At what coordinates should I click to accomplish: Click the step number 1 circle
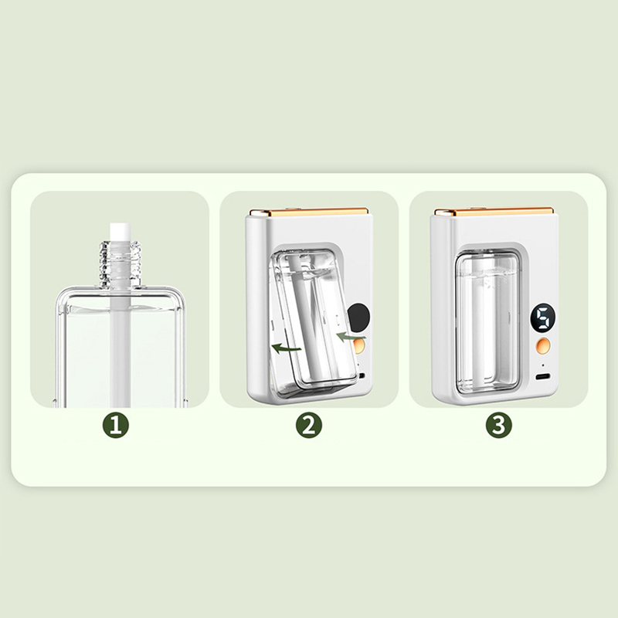point(116,425)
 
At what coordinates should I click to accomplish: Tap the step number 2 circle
point(309,425)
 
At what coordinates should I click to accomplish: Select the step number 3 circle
point(498,425)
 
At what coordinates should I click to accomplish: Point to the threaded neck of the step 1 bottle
point(120,263)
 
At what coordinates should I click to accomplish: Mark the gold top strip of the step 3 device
point(494,212)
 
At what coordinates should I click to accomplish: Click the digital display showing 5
point(543,317)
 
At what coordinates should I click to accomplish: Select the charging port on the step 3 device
point(543,376)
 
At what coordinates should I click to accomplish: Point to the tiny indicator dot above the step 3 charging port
point(543,365)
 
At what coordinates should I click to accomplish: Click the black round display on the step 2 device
point(359,317)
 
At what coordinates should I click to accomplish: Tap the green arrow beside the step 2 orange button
point(351,336)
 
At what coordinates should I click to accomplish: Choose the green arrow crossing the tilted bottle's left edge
point(286,348)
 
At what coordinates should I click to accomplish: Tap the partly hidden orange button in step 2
point(360,346)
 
